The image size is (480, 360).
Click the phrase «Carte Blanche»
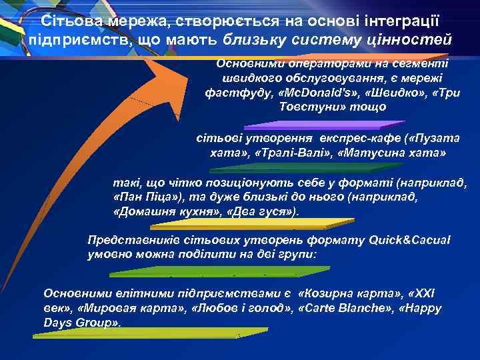pos(337,309)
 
